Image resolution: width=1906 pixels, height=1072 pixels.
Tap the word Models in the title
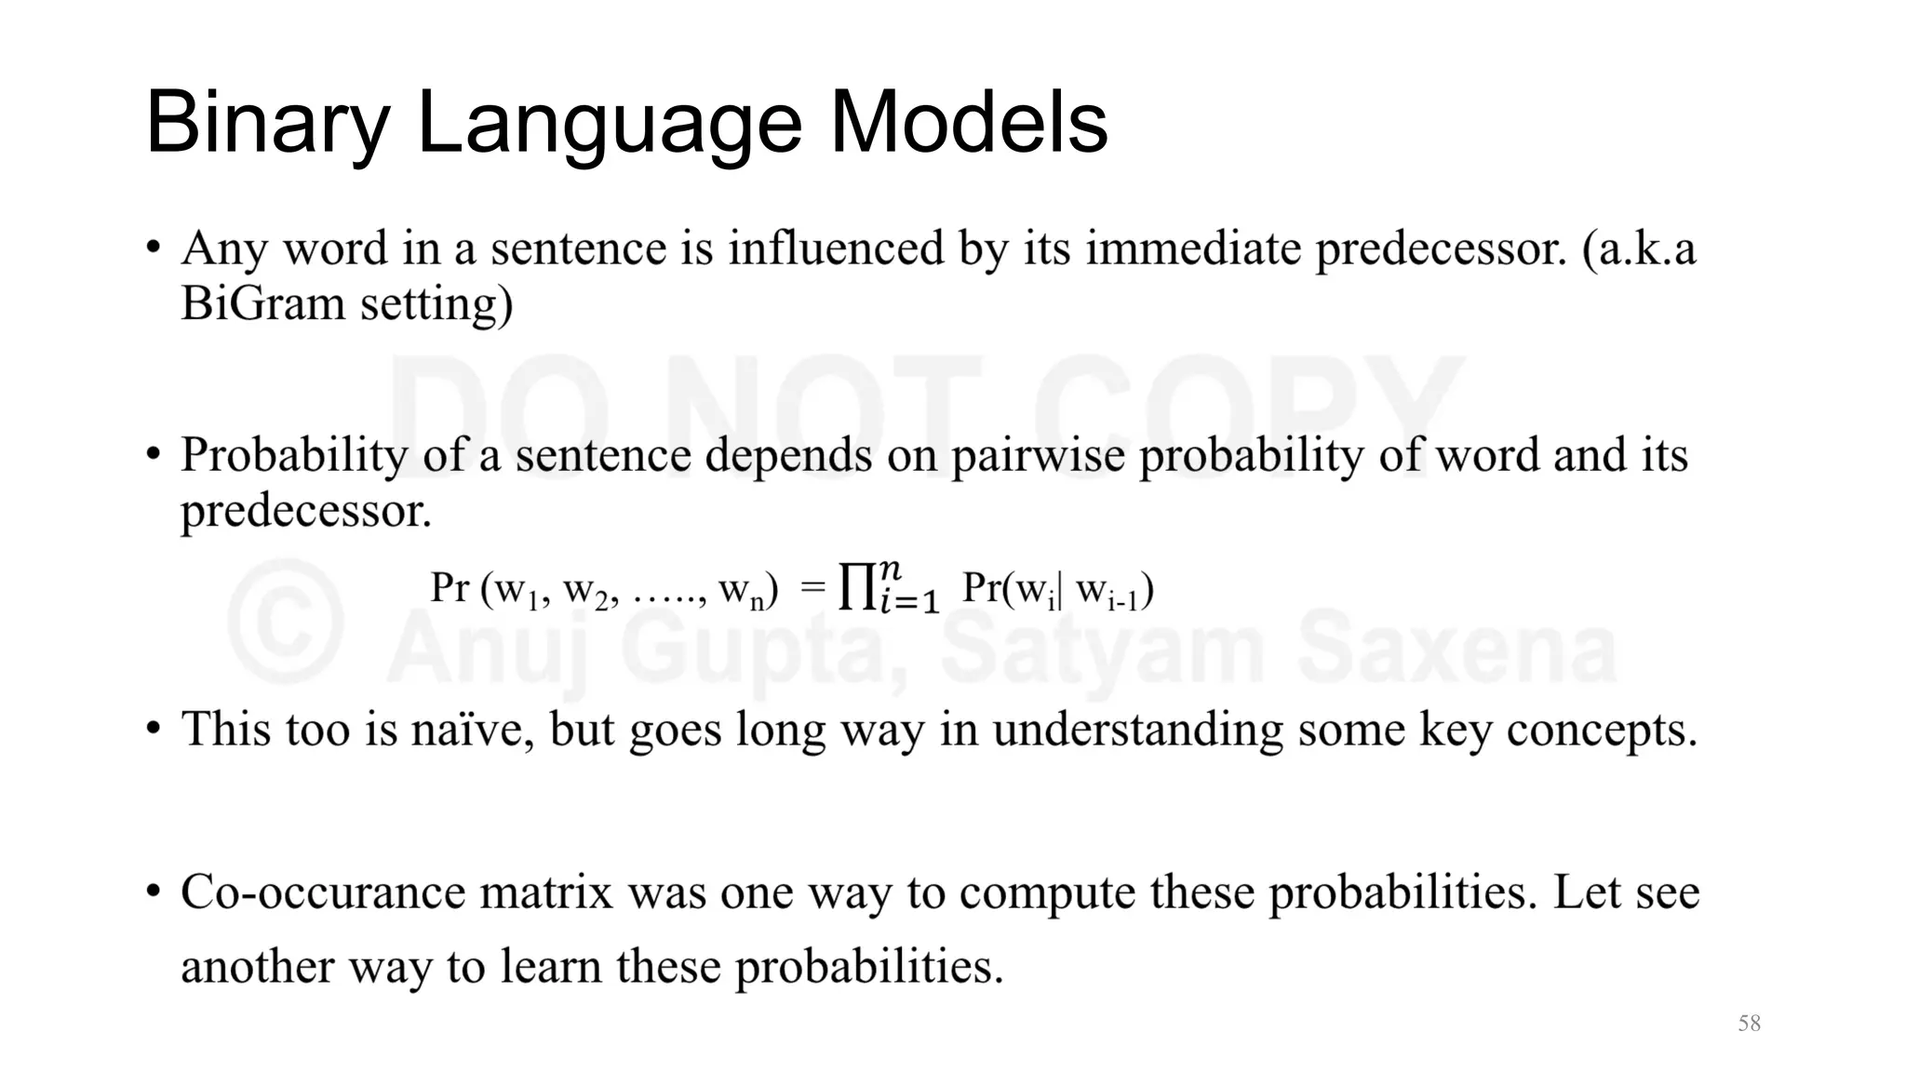pyautogui.click(x=968, y=123)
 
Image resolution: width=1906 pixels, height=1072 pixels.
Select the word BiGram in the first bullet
pyautogui.click(x=262, y=303)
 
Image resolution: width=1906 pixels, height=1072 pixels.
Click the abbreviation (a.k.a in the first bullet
pyautogui.click(x=1639, y=248)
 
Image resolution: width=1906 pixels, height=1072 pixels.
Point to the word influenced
pyautogui.click(x=835, y=248)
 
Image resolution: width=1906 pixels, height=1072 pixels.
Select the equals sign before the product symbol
pyautogui.click(x=812, y=587)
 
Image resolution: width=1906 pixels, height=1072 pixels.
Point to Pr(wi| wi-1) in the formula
pyautogui.click(x=1057, y=590)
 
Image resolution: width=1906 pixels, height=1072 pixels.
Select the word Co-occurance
pyautogui.click(x=322, y=892)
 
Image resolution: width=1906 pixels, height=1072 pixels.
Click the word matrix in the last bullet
pyautogui.click(x=546, y=892)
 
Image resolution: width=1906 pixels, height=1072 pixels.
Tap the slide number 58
pyautogui.click(x=1749, y=1024)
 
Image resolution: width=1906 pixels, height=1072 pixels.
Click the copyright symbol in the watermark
pyautogui.click(x=286, y=622)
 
